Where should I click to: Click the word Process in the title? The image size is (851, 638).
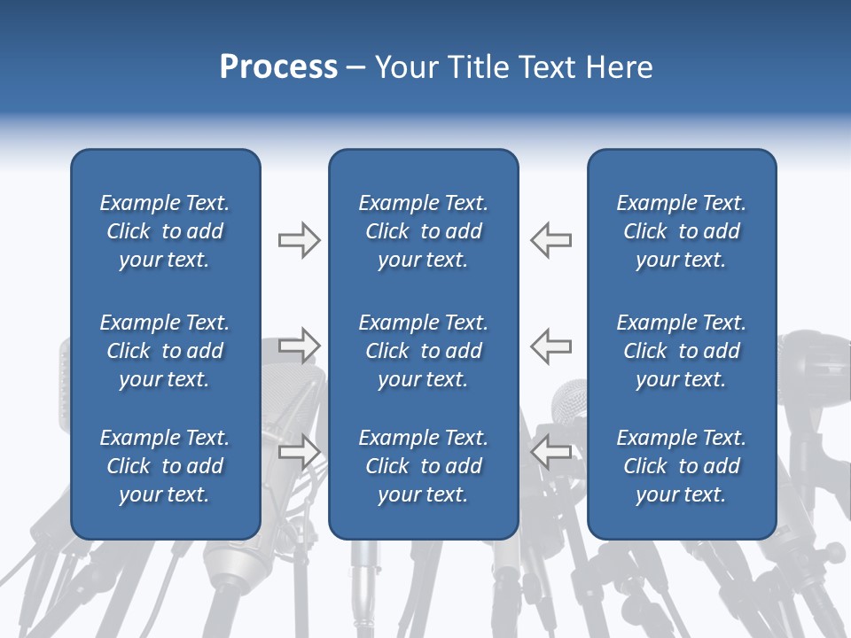(277, 67)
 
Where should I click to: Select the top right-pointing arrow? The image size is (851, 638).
(299, 240)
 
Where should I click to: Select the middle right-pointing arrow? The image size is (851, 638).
(299, 345)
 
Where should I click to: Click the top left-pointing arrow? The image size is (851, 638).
(550, 240)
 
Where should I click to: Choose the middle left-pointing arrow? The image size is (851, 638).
(550, 345)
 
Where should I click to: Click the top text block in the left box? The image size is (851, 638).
(165, 231)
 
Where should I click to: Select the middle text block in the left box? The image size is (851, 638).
(165, 351)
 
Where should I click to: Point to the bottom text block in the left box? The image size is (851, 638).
(165, 466)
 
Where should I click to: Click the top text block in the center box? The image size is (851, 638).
(423, 231)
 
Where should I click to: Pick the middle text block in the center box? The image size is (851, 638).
(423, 351)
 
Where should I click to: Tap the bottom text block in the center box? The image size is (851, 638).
(423, 466)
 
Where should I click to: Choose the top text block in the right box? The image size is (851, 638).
(681, 231)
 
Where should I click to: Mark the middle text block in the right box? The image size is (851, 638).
(681, 351)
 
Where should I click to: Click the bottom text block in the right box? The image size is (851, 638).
(681, 466)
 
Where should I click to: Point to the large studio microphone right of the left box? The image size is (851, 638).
(293, 399)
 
